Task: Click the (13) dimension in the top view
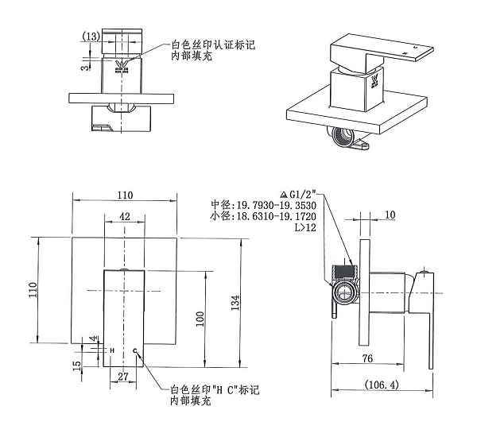pyautogui.click(x=91, y=36)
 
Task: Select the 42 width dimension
pyautogui.click(x=125, y=215)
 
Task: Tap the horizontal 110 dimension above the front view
pyautogui.click(x=125, y=195)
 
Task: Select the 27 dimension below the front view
pyautogui.click(x=123, y=376)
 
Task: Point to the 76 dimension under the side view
pyautogui.click(x=368, y=358)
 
